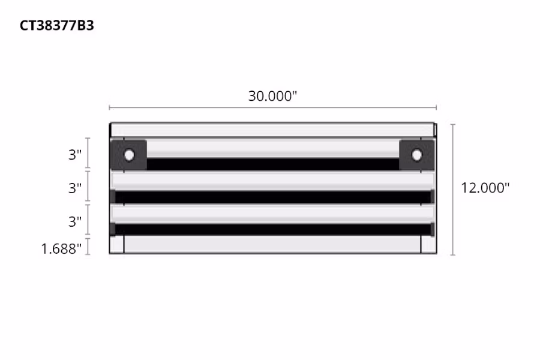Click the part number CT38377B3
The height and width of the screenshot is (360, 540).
pyautogui.click(x=57, y=26)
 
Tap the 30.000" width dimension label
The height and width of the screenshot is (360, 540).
pyautogui.click(x=272, y=96)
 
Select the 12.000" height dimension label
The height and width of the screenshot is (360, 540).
pyautogui.click(x=485, y=187)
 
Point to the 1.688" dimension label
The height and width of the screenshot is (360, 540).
pyautogui.click(x=61, y=248)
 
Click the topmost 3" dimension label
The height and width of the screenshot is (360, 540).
pyautogui.click(x=74, y=155)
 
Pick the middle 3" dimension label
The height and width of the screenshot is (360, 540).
pyautogui.click(x=74, y=188)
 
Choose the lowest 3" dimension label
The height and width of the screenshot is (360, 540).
pyautogui.click(x=74, y=222)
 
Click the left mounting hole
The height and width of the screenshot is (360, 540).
pyautogui.click(x=129, y=155)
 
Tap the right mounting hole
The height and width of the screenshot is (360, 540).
pyautogui.click(x=416, y=155)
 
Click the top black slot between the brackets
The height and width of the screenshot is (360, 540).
pyautogui.click(x=273, y=164)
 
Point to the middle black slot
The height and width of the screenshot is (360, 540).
pyautogui.click(x=273, y=197)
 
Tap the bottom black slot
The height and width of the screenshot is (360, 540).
pyautogui.click(x=273, y=229)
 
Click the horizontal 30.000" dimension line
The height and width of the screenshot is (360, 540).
pyautogui.click(x=273, y=108)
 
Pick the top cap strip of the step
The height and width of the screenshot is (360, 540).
pyautogui.click(x=273, y=130)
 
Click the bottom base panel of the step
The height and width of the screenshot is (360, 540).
pyautogui.click(x=273, y=244)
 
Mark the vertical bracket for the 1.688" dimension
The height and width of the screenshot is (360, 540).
pyautogui.click(x=88, y=247)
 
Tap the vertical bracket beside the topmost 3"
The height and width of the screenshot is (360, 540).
pyautogui.click(x=88, y=154)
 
